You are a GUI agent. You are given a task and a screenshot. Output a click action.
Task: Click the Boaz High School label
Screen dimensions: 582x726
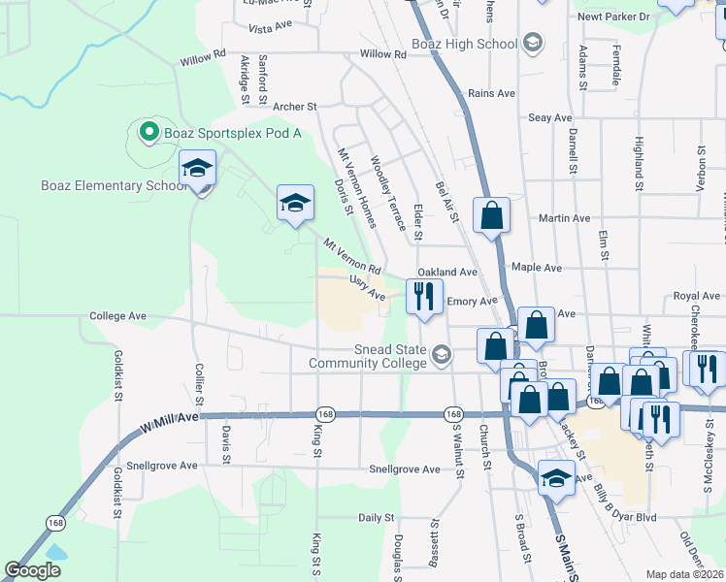pos(470,44)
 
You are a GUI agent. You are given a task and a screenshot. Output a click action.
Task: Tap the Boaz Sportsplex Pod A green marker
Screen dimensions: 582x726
pos(148,131)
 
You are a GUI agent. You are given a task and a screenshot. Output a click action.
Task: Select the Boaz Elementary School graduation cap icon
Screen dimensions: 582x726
pos(197,169)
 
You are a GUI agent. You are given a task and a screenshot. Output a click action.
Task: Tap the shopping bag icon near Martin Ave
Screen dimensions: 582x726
pos(492,213)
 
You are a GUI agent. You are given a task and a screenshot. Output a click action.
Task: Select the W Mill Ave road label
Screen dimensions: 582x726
pos(169,417)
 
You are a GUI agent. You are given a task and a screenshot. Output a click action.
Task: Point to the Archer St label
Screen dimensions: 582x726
pos(295,107)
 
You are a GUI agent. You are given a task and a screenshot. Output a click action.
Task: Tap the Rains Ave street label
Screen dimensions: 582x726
pos(491,93)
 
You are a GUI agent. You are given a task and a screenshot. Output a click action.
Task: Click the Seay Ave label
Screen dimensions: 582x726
pos(550,118)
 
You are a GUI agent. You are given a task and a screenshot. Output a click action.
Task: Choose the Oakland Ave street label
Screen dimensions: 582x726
pos(447,274)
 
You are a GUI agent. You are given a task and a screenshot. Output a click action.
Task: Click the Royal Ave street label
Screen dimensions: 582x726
pos(697,296)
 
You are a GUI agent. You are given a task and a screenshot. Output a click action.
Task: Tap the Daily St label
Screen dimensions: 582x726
pos(376,519)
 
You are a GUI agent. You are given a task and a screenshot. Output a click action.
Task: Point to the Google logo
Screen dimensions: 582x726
pos(33,570)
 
